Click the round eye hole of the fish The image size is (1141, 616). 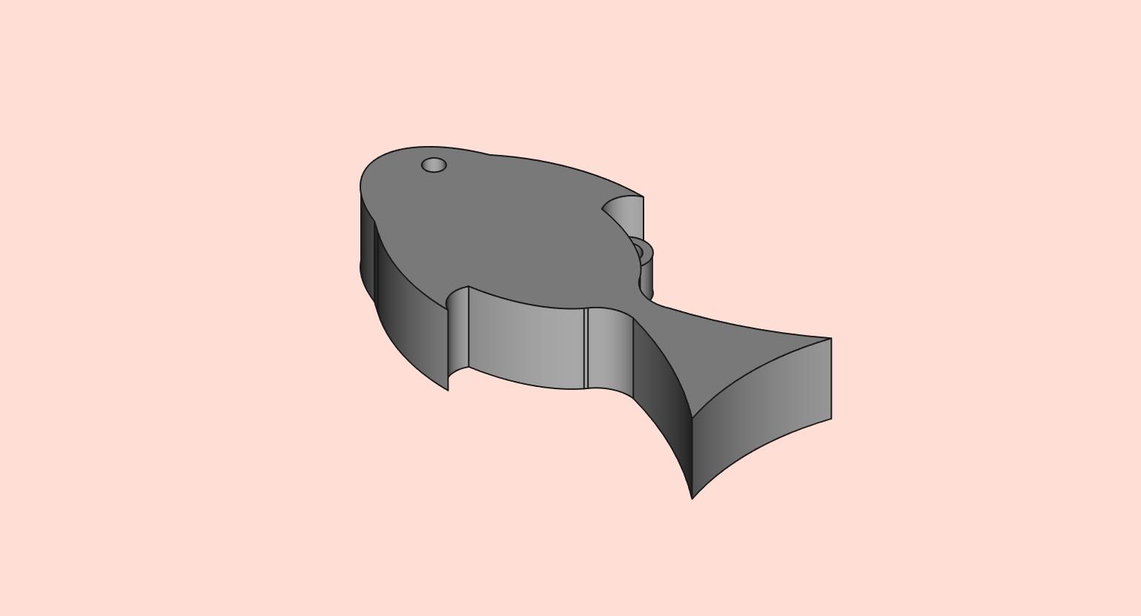pos(434,165)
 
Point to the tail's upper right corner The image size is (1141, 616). pos(831,338)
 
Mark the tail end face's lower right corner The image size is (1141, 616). pos(831,419)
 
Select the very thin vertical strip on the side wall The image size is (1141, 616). pos(586,348)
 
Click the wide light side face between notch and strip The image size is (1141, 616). pos(526,341)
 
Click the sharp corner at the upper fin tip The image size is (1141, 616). pos(643,197)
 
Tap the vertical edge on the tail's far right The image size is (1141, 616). pos(831,378)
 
